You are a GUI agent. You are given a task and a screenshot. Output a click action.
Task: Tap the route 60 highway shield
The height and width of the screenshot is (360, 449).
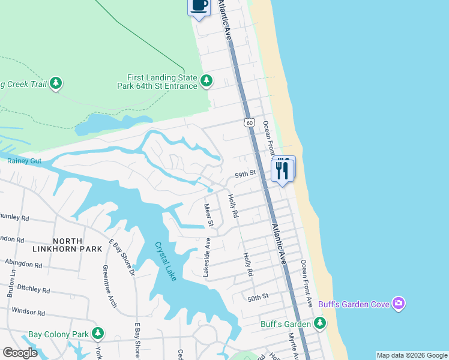click(x=250, y=122)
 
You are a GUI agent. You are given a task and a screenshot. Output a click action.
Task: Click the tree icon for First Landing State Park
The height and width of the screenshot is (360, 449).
click(x=206, y=80)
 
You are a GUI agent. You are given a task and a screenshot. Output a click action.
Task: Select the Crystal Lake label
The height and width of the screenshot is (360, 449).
click(x=166, y=261)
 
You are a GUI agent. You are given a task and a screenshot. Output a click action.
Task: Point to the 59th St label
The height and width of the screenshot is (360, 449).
click(x=245, y=173)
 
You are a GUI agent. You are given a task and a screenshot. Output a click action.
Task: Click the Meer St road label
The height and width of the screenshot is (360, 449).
click(x=209, y=215)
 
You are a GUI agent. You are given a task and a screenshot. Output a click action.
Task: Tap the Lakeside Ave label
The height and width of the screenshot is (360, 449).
click(x=206, y=257)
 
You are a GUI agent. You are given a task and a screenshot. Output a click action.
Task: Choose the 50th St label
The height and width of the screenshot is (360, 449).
click(x=258, y=297)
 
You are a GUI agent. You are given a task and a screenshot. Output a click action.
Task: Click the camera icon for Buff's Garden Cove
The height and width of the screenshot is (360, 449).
click(x=398, y=304)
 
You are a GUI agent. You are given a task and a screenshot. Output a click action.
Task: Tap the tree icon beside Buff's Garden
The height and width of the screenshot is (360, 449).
click(x=320, y=324)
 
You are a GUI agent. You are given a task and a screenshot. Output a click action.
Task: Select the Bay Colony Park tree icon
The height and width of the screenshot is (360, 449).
click(x=97, y=334)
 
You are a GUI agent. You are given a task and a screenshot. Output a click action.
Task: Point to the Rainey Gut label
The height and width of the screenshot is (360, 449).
click(x=24, y=161)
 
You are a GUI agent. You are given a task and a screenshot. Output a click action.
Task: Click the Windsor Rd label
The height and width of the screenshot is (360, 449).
click(x=28, y=313)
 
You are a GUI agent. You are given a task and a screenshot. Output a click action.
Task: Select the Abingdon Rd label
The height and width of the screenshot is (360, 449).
click(x=23, y=263)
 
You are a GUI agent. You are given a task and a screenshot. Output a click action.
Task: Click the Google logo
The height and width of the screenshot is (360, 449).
click(x=20, y=353)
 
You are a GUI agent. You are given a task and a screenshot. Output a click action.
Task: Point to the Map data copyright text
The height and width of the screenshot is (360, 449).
click(x=412, y=355)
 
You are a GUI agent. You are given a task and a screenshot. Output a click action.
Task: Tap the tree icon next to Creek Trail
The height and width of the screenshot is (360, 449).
click(x=56, y=83)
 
